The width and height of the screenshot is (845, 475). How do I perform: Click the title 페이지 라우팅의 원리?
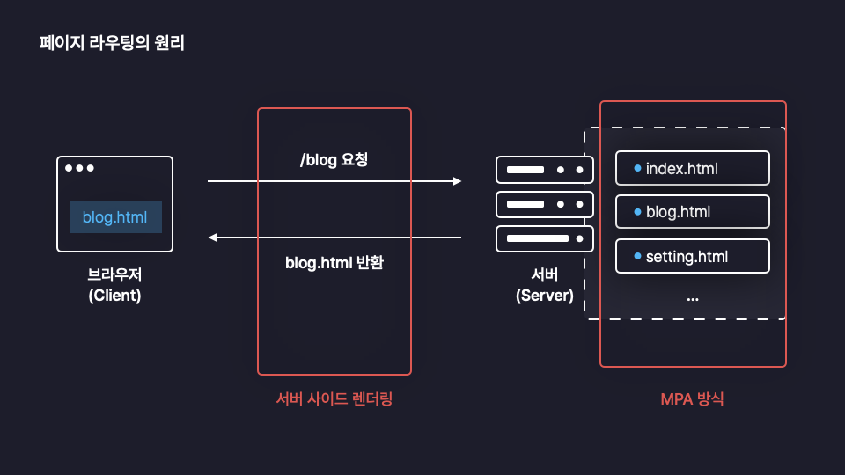[112, 43]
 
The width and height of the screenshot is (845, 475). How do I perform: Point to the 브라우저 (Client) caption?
[114, 285]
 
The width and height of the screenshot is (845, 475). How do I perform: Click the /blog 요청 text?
[334, 160]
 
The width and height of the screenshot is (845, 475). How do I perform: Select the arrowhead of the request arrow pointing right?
[458, 181]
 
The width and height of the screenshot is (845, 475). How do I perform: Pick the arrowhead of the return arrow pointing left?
[212, 237]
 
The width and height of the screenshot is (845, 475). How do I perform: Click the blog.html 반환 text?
[334, 263]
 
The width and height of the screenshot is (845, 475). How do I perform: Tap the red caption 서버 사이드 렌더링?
[334, 399]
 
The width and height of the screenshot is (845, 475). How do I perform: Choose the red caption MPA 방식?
[693, 399]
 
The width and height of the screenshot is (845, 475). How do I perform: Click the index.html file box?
[693, 168]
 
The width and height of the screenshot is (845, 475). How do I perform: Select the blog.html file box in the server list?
[693, 212]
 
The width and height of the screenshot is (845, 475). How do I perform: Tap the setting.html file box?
[693, 256]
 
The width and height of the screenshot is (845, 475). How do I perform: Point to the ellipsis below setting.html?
[693, 299]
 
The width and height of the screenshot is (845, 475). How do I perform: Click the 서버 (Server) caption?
[544, 285]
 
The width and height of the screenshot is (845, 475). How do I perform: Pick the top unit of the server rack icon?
[544, 170]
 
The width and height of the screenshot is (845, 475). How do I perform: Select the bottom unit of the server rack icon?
[544, 238]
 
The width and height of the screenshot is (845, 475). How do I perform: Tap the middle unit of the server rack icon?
[544, 204]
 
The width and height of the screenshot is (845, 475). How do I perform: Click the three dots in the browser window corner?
[79, 168]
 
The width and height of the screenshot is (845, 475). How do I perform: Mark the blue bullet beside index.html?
[637, 168]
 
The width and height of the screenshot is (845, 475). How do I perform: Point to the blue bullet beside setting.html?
[637, 256]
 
